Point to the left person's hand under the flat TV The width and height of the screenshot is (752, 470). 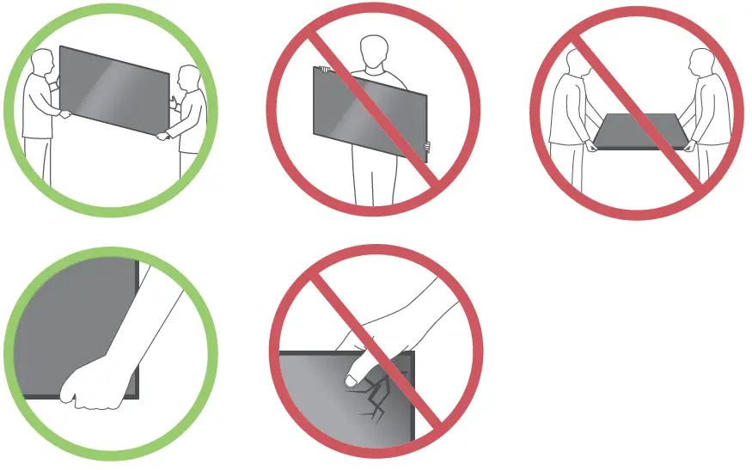(592, 144)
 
